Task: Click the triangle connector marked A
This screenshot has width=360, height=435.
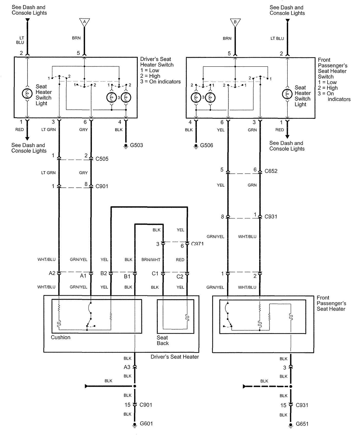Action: click(84, 22)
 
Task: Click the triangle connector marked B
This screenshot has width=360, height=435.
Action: click(235, 22)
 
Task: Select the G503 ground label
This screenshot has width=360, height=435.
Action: click(137, 145)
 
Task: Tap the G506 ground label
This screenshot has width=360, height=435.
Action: click(207, 146)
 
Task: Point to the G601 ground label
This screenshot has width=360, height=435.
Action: click(146, 423)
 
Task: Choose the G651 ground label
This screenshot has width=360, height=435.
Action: click(302, 424)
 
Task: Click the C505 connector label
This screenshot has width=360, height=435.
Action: click(102, 159)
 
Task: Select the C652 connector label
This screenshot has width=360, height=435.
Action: click(271, 171)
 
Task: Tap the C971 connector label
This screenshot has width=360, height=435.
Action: click(197, 244)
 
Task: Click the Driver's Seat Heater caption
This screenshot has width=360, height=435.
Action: click(175, 357)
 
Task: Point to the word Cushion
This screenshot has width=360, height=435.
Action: click(61, 337)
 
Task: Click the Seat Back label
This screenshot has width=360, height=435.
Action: click(163, 340)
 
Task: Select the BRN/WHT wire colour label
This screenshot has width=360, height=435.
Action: click(151, 260)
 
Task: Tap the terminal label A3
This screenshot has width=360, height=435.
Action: click(127, 367)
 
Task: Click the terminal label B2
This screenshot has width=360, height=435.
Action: click(104, 273)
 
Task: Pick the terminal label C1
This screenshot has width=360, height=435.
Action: click(155, 274)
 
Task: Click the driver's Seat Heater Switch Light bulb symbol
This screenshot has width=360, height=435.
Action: click(27, 94)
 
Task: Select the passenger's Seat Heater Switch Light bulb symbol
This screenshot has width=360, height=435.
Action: click(287, 94)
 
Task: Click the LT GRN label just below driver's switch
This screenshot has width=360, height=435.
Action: click(48, 130)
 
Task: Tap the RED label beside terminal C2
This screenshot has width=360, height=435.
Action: click(180, 260)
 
